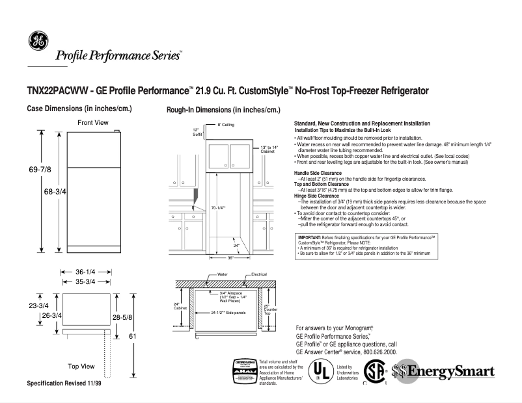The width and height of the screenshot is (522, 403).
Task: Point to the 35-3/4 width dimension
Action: point(87,282)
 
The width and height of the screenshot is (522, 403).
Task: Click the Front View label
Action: point(92,123)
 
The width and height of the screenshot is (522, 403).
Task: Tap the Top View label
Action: point(81,366)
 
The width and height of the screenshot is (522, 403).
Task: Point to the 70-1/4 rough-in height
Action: point(218,207)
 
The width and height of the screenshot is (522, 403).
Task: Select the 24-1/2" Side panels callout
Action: point(227,313)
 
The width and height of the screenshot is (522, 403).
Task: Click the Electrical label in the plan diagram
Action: point(259,275)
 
